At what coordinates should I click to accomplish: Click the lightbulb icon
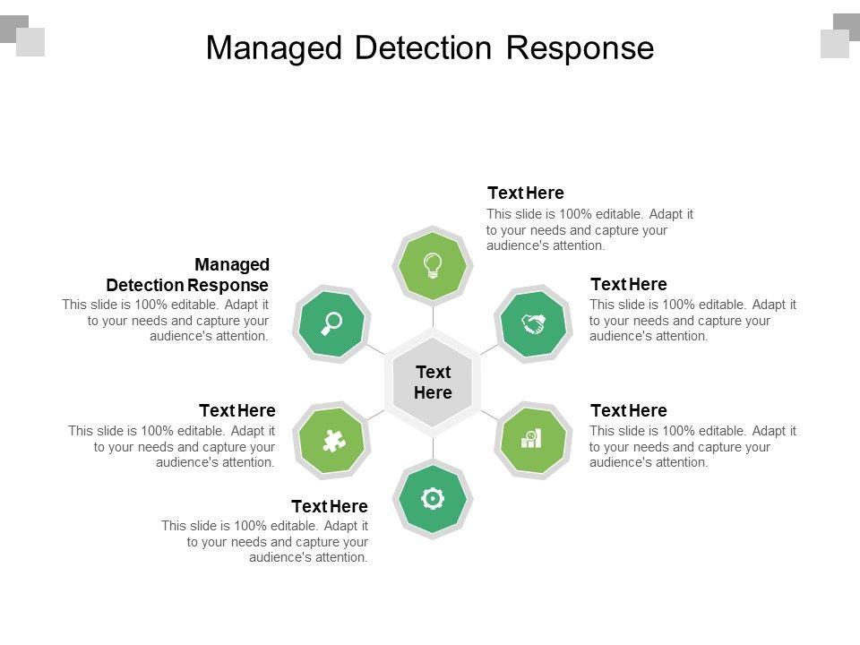(433, 264)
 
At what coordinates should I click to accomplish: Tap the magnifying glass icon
(332, 323)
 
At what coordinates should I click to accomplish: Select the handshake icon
(534, 323)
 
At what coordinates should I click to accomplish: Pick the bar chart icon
(532, 439)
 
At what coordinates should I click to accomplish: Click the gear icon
(433, 498)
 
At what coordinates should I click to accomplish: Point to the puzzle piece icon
(333, 440)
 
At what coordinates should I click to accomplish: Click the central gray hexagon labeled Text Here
(433, 383)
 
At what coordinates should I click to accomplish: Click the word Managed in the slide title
(274, 47)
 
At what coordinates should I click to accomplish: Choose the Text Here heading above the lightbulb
(525, 193)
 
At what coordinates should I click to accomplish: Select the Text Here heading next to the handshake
(628, 285)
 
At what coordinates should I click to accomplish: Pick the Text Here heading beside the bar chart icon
(628, 411)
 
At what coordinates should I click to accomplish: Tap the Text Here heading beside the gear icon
(330, 506)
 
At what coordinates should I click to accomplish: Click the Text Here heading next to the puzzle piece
(236, 411)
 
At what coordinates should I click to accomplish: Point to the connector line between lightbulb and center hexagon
(433, 316)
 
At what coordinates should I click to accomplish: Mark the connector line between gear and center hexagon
(433, 448)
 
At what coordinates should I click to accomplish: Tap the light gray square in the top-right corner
(835, 44)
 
